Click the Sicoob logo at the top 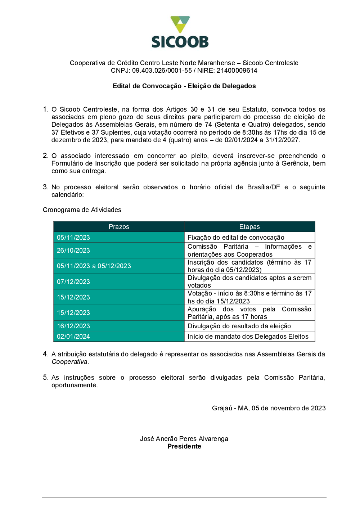coord(180,32)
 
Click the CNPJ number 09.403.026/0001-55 coord(162,71)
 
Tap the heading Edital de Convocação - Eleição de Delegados coord(184,86)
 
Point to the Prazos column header coord(119,227)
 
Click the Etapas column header coord(249,227)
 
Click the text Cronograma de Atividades coord(82,210)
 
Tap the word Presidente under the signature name coord(184,446)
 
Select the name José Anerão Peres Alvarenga coord(184,439)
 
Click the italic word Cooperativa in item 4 coord(69,362)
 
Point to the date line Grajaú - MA coord(269,408)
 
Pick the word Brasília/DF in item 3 coord(264,187)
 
